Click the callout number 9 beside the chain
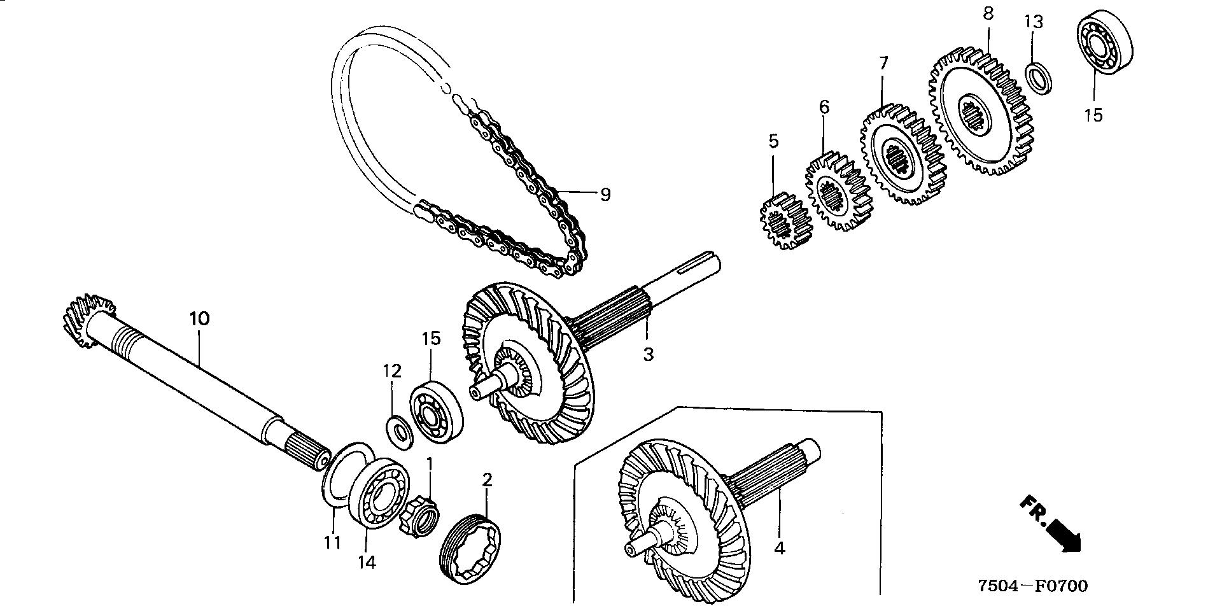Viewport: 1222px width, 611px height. pyautogui.click(x=605, y=194)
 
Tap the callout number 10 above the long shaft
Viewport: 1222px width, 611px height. pyautogui.click(x=199, y=318)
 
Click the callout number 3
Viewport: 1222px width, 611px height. pyautogui.click(x=648, y=355)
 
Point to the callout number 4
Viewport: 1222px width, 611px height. pyautogui.click(x=780, y=547)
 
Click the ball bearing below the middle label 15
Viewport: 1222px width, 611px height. pyautogui.click(x=437, y=413)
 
